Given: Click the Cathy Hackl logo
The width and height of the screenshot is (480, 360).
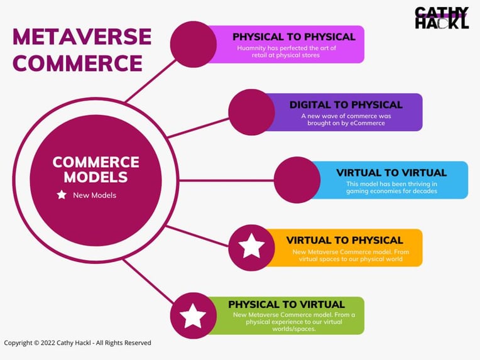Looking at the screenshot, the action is (x=442, y=18).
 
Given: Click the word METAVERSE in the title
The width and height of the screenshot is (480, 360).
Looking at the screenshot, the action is (x=82, y=36).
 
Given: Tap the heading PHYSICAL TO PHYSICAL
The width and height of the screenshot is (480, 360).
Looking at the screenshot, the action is (x=294, y=36).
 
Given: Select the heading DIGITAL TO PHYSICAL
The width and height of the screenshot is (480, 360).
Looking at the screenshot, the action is (x=346, y=105).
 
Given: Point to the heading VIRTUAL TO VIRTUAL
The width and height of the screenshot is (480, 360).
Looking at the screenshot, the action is (x=391, y=173).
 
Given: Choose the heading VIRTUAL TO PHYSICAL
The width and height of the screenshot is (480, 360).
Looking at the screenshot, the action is (x=345, y=240).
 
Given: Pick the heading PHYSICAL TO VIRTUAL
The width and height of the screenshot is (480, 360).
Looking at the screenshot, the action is (x=286, y=305).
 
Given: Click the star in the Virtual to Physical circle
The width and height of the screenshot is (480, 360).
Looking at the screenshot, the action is (x=252, y=246).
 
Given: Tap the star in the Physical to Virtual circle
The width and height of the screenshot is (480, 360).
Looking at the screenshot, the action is (x=193, y=315).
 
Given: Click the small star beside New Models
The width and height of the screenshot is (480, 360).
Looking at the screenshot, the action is (x=62, y=195).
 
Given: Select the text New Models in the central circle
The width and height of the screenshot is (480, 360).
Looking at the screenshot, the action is (x=95, y=195).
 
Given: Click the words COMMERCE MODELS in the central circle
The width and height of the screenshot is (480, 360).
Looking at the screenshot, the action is (x=96, y=170).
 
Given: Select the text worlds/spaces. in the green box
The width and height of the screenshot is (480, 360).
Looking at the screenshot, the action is (x=294, y=329).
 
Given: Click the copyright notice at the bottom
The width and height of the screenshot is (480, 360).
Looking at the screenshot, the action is (x=77, y=343).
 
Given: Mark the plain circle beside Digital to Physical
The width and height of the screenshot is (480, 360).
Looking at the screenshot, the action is (x=252, y=112).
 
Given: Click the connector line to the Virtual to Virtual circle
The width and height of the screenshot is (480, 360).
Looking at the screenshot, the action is (x=227, y=180).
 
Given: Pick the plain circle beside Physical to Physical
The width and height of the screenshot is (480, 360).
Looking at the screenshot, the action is (x=194, y=45).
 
